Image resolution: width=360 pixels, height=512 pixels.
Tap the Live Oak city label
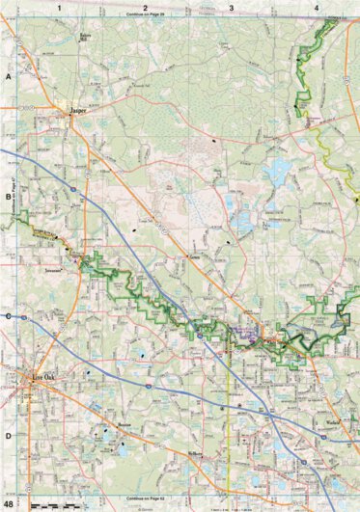[46, 377]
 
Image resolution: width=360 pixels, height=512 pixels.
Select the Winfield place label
[333, 422]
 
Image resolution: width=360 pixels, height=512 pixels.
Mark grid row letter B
[8, 196]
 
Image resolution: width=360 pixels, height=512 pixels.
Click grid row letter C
[8, 316]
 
